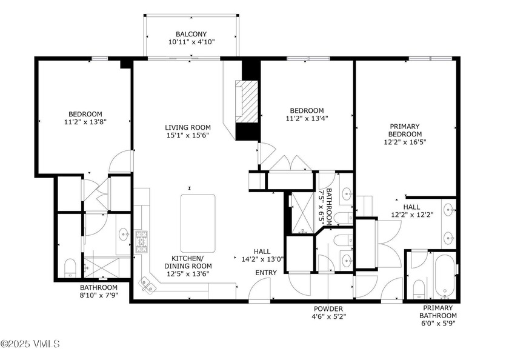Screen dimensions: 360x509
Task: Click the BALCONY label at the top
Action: [191, 35]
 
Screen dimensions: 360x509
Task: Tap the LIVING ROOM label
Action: [188, 127]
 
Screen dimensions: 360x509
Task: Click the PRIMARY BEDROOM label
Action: [405, 130]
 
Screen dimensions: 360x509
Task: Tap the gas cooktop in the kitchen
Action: [142, 241]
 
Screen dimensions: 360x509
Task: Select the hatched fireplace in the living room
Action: [249, 101]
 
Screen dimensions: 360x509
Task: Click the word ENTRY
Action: [265, 273]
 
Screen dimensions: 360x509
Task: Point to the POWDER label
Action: [328, 308]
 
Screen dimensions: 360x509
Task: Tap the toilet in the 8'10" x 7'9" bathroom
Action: [70, 267]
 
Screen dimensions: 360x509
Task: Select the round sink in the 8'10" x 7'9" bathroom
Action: [124, 233]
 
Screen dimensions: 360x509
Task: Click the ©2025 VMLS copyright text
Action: [30, 344]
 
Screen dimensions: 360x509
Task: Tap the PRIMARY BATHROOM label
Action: [438, 312]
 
